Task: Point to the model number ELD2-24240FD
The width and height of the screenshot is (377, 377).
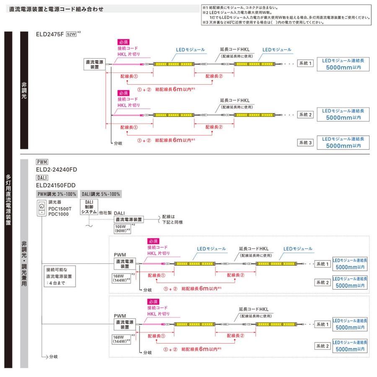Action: (57, 170)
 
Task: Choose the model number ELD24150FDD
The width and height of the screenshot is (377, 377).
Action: (56, 185)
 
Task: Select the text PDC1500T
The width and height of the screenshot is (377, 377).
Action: (60, 209)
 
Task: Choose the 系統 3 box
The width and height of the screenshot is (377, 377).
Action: (305, 142)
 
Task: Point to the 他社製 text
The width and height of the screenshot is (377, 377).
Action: (105, 213)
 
